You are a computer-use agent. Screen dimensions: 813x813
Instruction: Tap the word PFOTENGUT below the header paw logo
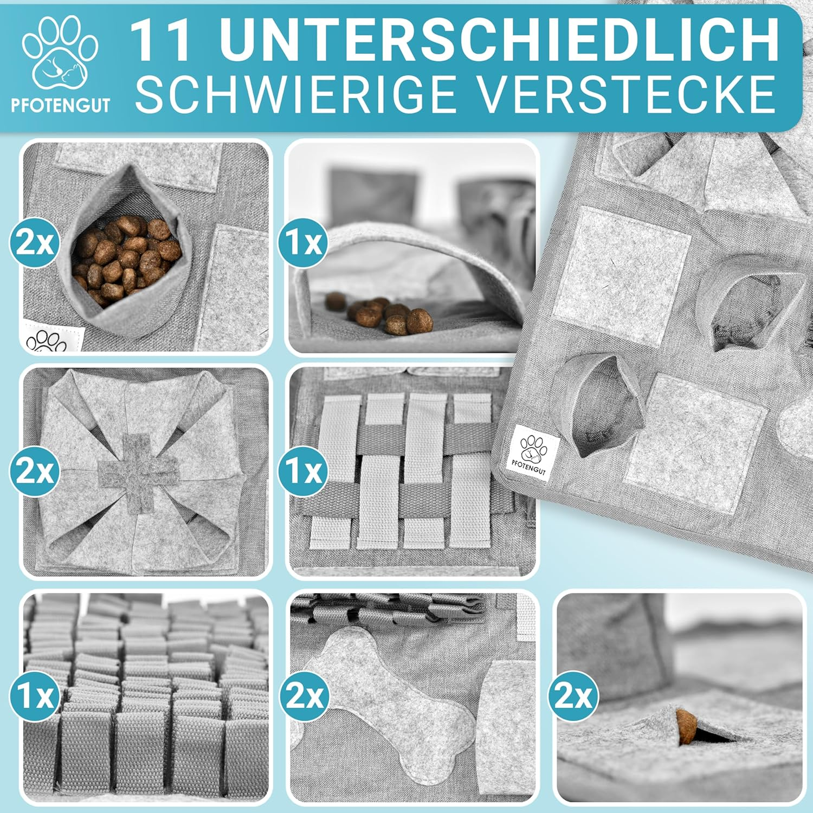click(61, 105)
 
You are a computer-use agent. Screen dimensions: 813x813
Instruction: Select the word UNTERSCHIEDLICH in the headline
click(498, 41)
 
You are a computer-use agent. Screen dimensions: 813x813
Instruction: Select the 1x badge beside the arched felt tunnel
click(303, 242)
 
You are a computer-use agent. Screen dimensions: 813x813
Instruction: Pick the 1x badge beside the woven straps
click(303, 470)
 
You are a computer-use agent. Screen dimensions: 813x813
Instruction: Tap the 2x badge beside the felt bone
click(303, 695)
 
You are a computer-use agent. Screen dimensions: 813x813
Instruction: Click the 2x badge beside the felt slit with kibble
click(573, 695)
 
